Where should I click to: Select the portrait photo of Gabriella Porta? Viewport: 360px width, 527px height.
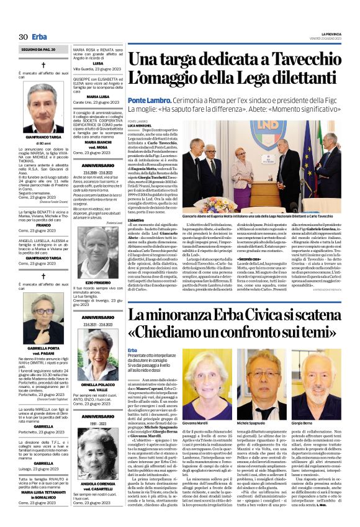click(43, 317)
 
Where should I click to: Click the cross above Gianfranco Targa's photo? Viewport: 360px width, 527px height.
click(43, 65)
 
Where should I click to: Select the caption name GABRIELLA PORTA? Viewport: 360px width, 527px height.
click(43, 349)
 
